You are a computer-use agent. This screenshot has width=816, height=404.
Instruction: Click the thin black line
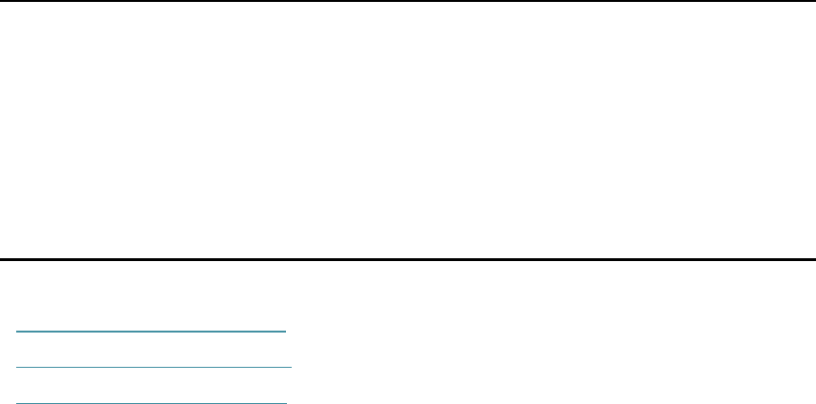click(408, 1)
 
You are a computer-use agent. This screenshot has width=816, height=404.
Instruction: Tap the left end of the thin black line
click(0, 1)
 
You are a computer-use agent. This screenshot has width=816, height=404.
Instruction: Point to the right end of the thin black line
click(815, 1)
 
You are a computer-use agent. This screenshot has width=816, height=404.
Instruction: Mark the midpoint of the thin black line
click(408, 1)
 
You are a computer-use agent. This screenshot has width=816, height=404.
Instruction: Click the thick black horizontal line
click(408, 259)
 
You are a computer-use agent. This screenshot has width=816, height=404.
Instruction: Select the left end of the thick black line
click(0, 259)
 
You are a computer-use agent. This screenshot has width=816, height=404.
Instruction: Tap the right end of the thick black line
click(815, 259)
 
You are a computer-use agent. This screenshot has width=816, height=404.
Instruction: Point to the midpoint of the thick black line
click(408, 259)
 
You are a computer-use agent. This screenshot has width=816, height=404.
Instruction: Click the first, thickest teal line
click(152, 332)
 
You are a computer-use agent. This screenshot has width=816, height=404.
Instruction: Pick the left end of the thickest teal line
click(17, 332)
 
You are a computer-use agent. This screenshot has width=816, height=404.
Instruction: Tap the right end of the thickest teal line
click(286, 332)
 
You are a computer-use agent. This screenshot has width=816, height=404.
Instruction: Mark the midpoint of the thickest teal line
click(152, 332)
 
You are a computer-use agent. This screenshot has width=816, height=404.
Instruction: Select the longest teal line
click(154, 367)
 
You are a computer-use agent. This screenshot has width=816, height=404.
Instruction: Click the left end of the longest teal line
click(17, 367)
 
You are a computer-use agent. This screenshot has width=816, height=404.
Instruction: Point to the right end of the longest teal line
click(291, 367)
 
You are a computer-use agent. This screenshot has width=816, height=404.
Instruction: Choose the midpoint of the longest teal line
click(154, 367)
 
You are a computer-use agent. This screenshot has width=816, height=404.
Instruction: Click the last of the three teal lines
click(152, 403)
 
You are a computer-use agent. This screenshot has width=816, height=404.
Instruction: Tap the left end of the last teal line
click(17, 403)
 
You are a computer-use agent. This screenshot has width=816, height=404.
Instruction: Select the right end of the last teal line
click(286, 403)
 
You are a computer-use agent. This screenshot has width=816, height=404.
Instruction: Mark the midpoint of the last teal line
click(152, 403)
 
